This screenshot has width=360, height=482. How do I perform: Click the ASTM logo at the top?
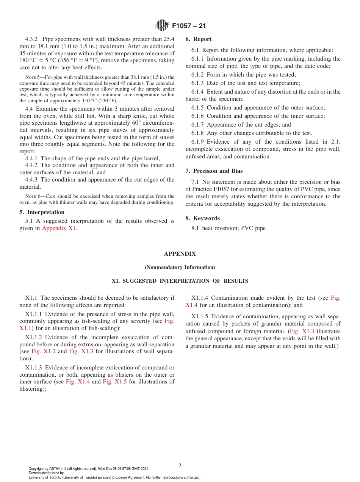(162, 26)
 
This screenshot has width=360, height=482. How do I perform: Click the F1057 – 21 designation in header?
(189, 26)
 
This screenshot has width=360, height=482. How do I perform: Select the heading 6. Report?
(199, 39)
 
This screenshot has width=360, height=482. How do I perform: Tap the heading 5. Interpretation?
(42, 212)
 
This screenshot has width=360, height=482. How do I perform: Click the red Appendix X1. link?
(59, 228)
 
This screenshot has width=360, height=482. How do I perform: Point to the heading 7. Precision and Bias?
(214, 171)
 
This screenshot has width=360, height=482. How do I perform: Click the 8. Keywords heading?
(202, 218)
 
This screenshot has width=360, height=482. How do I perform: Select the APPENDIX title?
(180, 254)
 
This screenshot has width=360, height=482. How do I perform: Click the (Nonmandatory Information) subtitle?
(180, 268)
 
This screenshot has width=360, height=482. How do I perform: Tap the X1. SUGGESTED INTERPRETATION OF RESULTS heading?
(180, 281)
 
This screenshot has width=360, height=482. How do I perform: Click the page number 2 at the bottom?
(180, 466)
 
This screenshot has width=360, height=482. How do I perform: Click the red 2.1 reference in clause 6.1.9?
(335, 142)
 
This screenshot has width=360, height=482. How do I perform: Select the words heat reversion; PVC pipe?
(234, 228)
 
